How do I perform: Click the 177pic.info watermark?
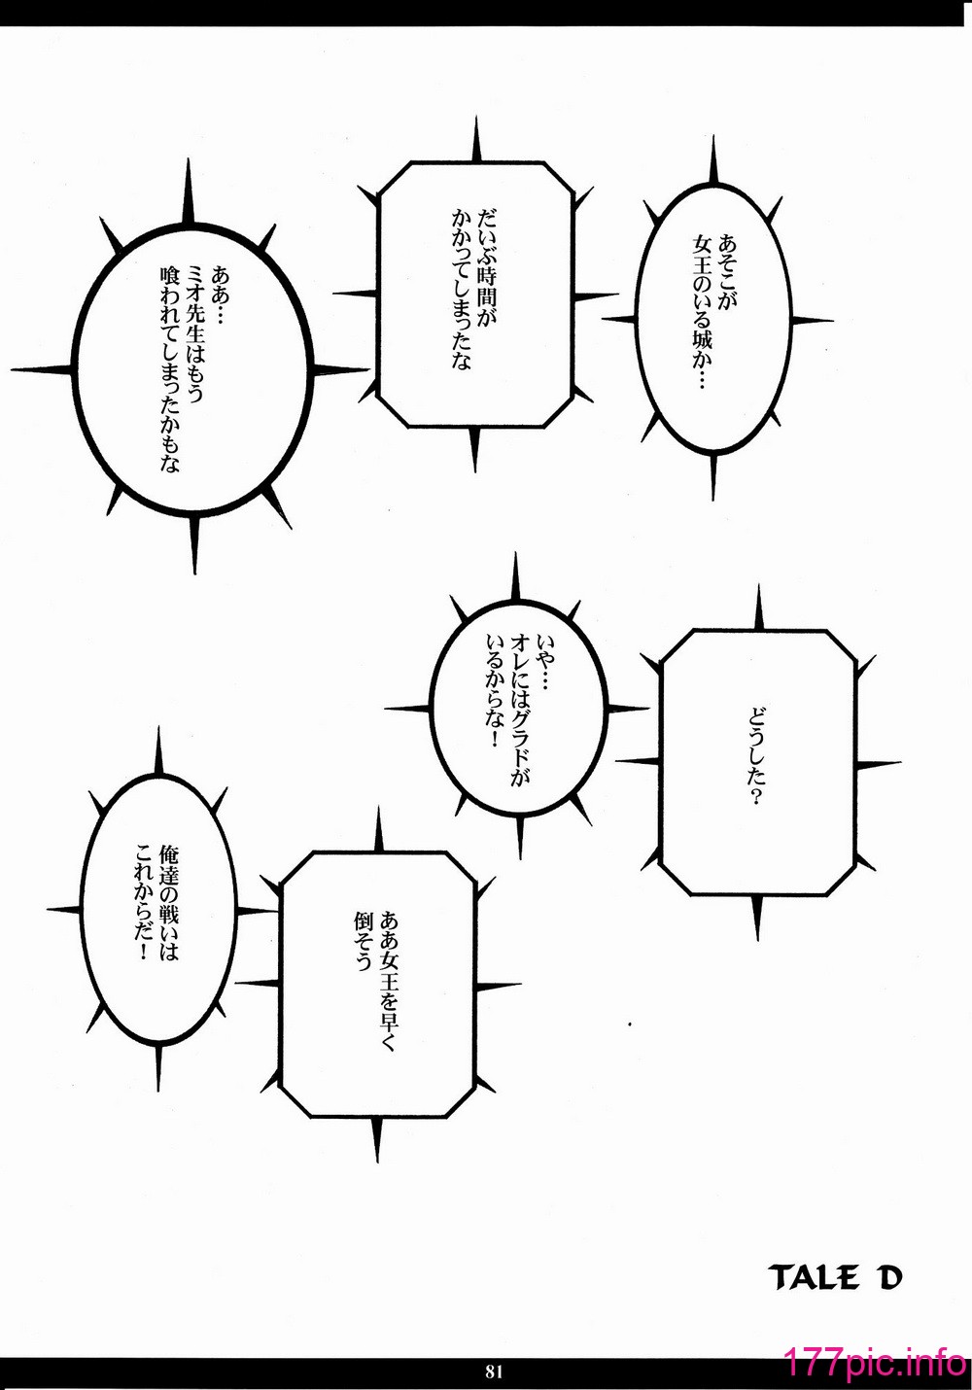coord(875,1368)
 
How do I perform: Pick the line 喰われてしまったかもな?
coord(169,368)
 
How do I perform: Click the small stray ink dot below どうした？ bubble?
coord(630,1025)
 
